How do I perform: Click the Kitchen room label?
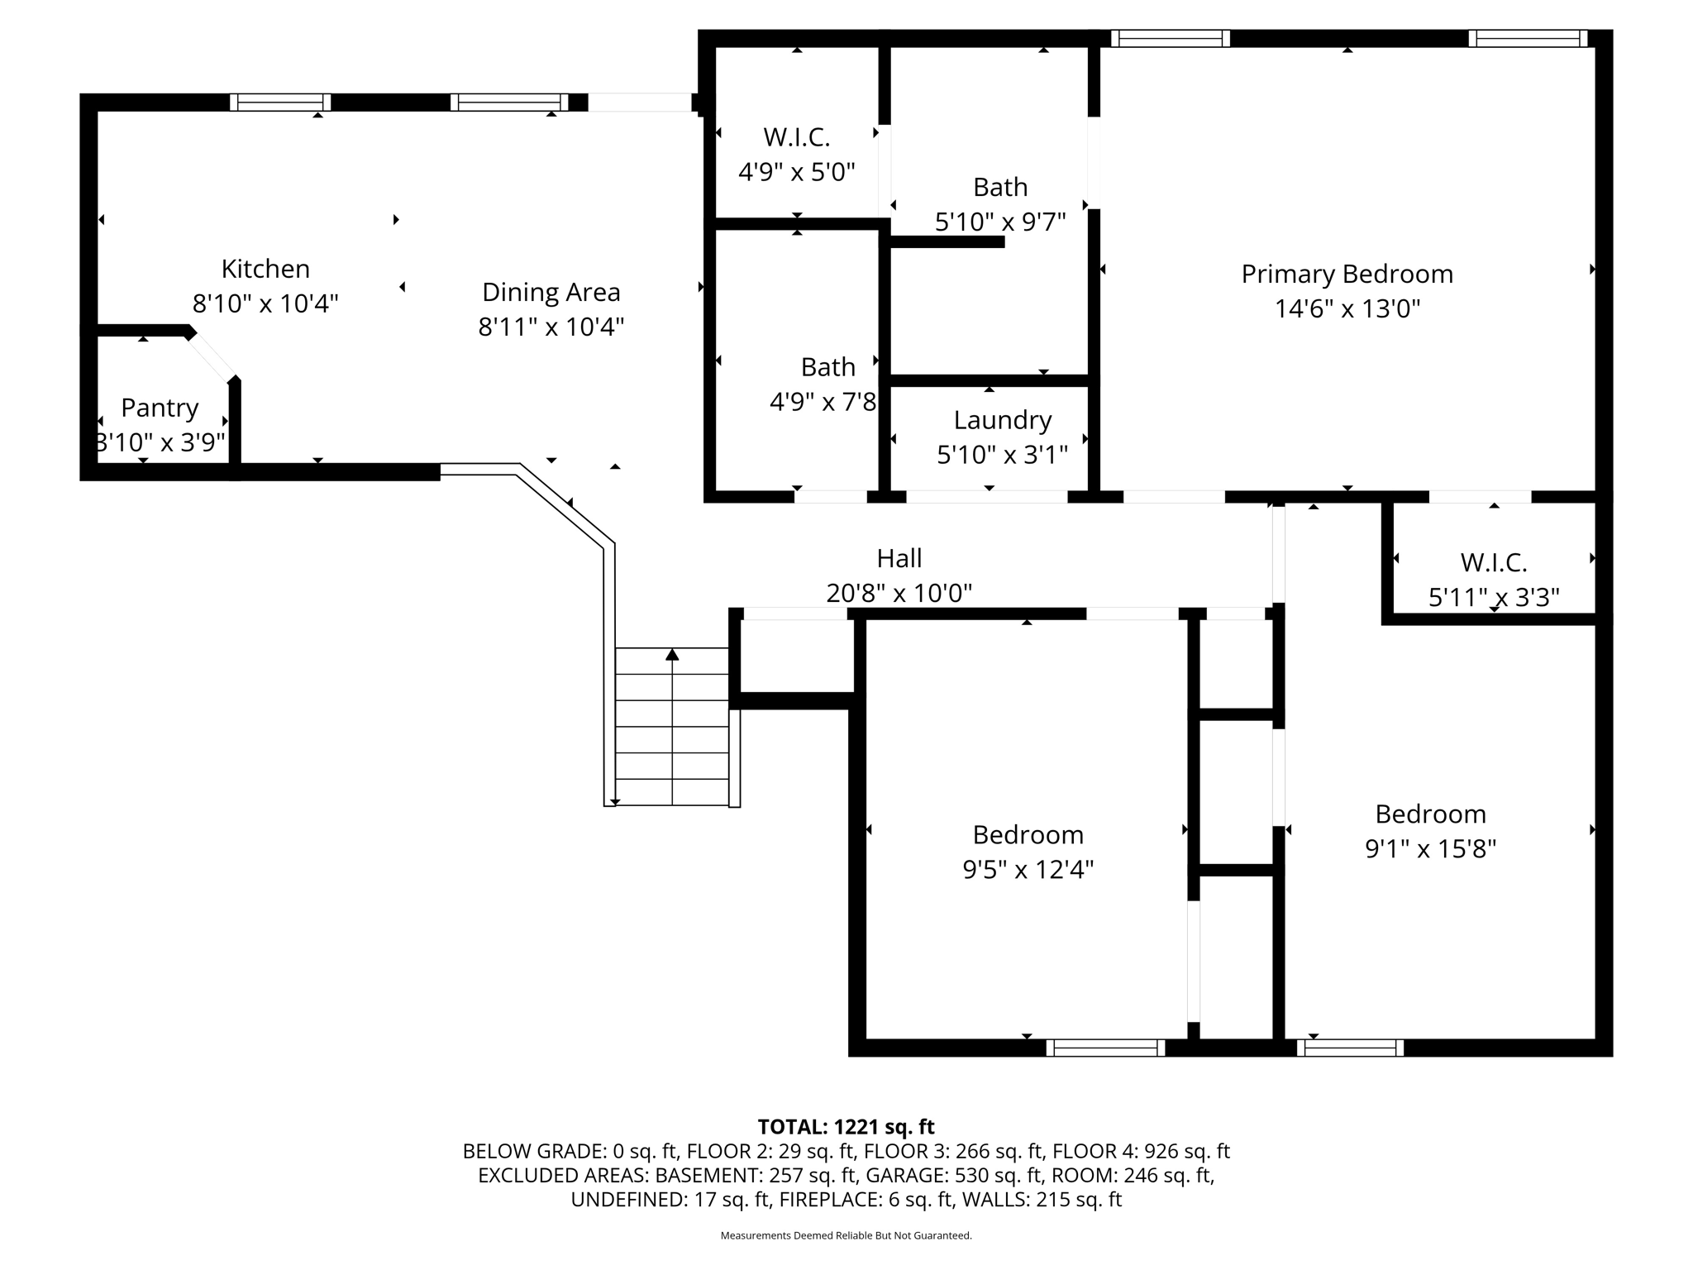(265, 269)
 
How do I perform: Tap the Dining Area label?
(551, 292)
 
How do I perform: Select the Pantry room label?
(160, 408)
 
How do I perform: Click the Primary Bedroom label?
(1347, 274)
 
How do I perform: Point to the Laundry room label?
(1002, 420)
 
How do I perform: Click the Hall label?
(899, 558)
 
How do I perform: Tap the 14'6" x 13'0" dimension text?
(1347, 308)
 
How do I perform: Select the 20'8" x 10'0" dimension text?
(899, 593)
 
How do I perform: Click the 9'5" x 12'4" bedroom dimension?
(1028, 869)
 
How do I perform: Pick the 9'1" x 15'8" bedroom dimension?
(1430, 848)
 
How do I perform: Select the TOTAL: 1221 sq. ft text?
(846, 1126)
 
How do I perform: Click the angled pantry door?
(210, 356)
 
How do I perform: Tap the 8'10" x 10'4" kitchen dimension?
(265, 303)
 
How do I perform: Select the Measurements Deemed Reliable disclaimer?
(846, 1236)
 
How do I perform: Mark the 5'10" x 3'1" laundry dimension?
(1002, 455)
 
